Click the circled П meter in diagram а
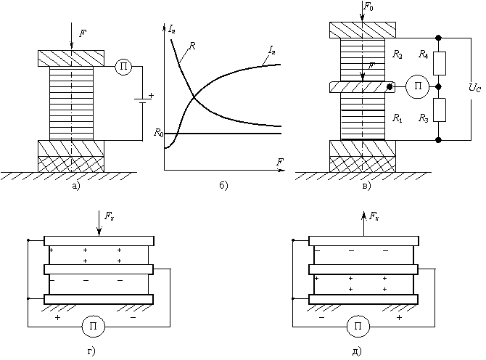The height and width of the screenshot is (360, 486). point(123,66)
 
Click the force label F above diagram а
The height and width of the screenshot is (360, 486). point(83,33)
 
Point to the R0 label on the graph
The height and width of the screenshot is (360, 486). point(159,132)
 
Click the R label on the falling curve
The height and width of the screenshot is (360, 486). point(192,46)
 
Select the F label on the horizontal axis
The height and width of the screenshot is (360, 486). point(280,162)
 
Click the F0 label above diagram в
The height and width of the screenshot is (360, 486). point(368,7)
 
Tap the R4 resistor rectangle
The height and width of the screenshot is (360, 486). point(439,63)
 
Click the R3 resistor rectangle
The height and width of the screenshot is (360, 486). point(439,110)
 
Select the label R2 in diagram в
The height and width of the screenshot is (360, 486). point(398,54)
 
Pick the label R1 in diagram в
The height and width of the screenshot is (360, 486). point(398,118)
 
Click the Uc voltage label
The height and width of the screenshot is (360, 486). point(475,88)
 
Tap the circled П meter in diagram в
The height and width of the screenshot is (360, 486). point(418,86)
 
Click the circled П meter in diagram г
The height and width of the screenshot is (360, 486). point(94,326)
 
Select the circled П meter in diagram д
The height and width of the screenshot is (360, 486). point(358,326)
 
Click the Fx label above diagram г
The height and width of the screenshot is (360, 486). point(110,216)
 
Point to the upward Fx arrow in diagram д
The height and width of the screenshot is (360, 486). point(363,224)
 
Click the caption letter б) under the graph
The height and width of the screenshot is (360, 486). point(224,186)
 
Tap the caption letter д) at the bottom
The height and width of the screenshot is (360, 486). point(357,351)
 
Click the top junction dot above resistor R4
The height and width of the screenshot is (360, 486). point(438,38)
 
